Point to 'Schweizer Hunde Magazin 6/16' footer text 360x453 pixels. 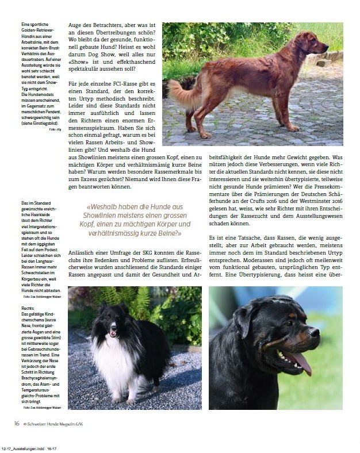click(63, 424)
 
